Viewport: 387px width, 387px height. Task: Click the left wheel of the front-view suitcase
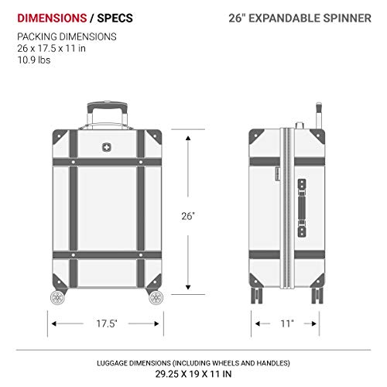58,297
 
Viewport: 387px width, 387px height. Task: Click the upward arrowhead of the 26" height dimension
187,133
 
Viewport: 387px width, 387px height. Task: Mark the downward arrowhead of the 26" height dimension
187,290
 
